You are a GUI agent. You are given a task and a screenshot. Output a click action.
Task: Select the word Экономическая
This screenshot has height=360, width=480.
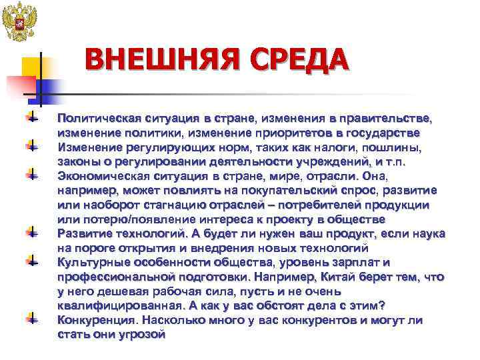click(100, 176)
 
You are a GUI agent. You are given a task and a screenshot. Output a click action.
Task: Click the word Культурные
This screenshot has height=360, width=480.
click(90, 262)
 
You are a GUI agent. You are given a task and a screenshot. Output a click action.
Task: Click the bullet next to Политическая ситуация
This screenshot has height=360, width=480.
click(31, 118)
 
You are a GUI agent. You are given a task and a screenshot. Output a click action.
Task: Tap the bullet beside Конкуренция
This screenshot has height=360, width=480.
click(31, 320)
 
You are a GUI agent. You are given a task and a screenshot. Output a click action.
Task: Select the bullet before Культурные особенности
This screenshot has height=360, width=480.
click(31, 262)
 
